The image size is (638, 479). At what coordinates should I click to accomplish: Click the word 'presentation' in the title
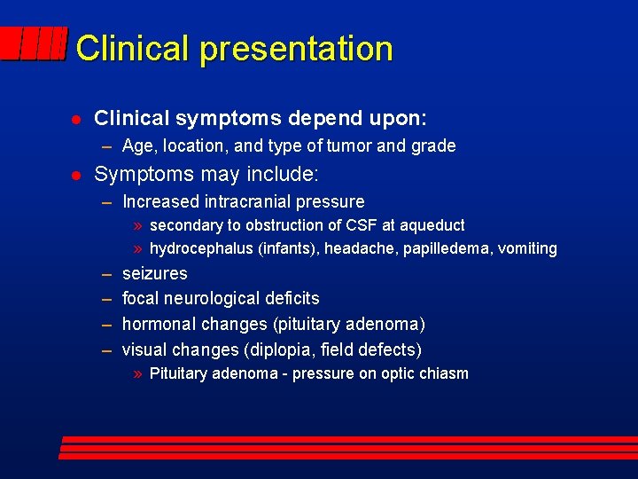296,49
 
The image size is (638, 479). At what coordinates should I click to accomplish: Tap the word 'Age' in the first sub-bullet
137,145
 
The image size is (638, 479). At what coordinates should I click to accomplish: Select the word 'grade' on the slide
433,145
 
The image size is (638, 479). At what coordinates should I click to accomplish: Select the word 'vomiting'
527,249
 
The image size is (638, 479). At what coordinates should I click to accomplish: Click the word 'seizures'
154,273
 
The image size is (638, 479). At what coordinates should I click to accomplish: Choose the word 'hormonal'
157,324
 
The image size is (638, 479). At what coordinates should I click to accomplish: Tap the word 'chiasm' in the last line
443,373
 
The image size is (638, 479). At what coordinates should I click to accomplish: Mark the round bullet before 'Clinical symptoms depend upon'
76,119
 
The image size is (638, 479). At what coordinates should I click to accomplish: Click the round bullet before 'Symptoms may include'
76,175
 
